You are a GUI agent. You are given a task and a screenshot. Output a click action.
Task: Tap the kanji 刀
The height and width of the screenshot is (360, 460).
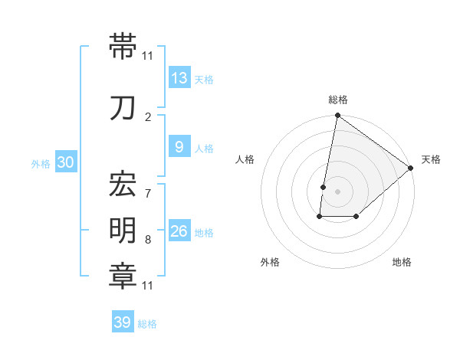[x=123, y=109]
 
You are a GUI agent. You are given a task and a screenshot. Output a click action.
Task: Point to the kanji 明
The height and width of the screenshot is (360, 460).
[x=123, y=231]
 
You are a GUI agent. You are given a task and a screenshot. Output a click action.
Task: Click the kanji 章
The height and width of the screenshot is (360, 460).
[x=123, y=276]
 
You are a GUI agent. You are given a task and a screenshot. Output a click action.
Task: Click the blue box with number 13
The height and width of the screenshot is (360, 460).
[x=179, y=77]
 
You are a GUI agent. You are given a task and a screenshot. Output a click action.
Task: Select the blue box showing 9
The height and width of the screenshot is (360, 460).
[x=179, y=147]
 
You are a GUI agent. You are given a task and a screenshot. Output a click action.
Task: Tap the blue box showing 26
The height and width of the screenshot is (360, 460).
[x=179, y=231]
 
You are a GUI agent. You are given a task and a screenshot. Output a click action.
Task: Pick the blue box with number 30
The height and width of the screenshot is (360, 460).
[x=65, y=162]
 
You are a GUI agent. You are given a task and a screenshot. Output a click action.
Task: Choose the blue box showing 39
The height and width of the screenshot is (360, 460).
[x=123, y=322]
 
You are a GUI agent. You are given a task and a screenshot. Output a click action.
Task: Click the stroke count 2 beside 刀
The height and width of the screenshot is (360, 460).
[x=148, y=116]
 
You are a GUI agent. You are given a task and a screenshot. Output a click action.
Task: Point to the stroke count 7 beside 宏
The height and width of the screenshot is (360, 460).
[x=148, y=186]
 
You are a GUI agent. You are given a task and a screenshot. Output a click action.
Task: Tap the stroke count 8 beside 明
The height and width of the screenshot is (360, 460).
[x=148, y=240]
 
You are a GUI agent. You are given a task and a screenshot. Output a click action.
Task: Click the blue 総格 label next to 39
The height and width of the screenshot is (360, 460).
[x=147, y=324]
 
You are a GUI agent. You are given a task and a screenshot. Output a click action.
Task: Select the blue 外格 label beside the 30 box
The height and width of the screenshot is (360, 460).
[x=41, y=163]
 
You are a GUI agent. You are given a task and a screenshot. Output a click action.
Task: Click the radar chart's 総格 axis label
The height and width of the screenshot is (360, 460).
[x=338, y=100]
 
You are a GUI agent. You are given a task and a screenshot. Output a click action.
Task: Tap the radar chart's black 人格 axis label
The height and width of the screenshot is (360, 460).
[x=245, y=159]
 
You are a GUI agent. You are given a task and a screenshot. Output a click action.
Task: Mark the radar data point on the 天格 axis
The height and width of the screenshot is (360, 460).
[x=411, y=169]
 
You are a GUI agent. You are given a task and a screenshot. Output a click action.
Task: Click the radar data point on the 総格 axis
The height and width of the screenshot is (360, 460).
[x=337, y=116]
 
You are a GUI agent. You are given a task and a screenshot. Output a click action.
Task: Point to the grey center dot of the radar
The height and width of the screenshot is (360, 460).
[x=337, y=191]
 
